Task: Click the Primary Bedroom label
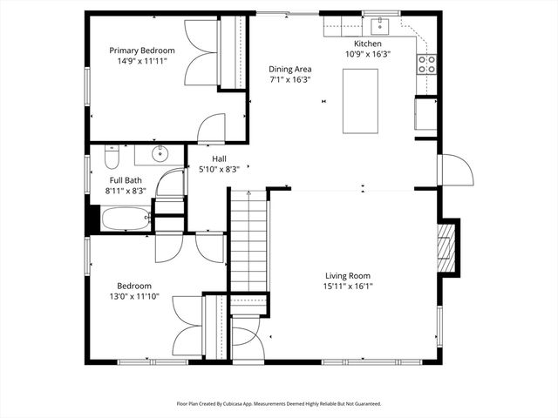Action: (x=141, y=51)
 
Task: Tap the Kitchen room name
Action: (x=367, y=44)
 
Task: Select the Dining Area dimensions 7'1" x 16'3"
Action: (x=289, y=79)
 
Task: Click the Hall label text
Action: (x=219, y=158)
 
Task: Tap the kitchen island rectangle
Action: (x=360, y=100)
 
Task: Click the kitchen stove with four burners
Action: (x=426, y=63)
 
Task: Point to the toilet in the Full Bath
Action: (x=111, y=158)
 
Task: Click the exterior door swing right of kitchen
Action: (x=454, y=170)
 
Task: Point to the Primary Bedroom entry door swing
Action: (x=212, y=130)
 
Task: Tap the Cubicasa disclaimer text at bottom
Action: (x=279, y=403)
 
